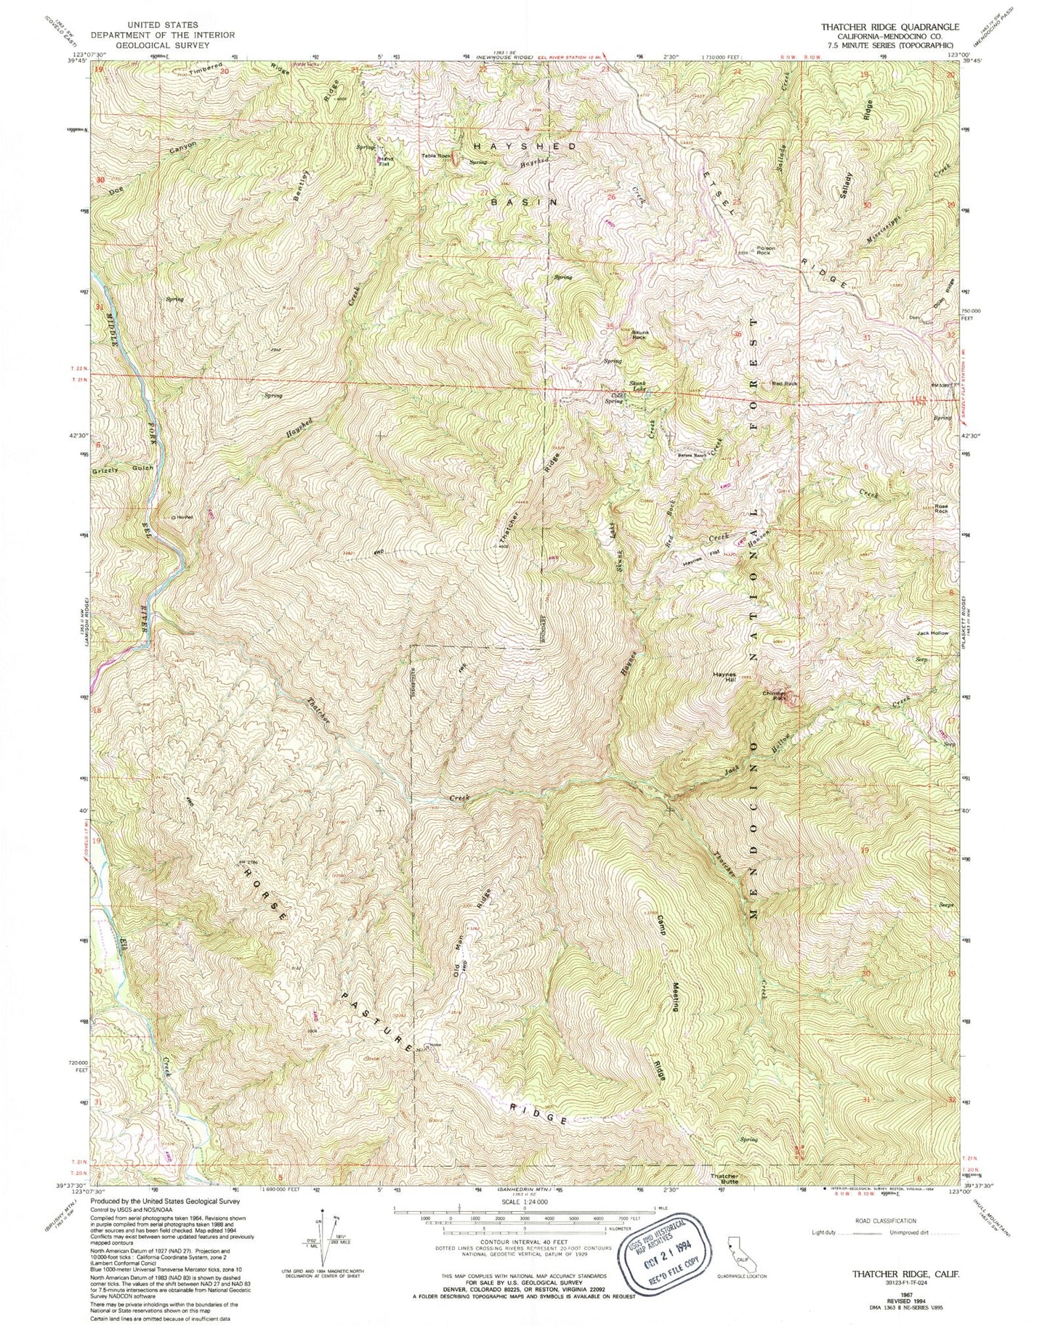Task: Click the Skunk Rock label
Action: (x=639, y=334)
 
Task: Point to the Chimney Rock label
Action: (x=776, y=695)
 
